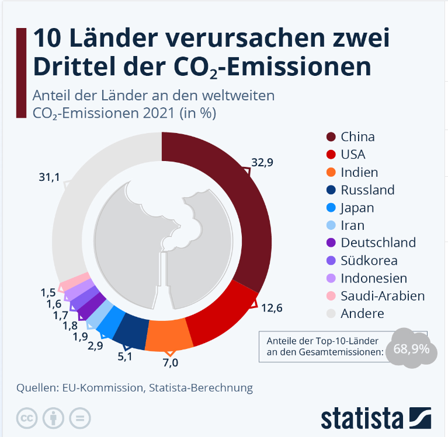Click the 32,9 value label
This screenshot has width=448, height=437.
pos(262,163)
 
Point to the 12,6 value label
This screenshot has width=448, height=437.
pos(272,307)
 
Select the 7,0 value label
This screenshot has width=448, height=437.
pos(171,362)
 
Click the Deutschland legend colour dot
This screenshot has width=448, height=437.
pos(331,243)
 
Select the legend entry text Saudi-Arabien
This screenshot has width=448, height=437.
pos(383,296)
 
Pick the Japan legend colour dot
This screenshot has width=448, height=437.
pos(331,208)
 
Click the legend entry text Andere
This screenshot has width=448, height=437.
pos(362,313)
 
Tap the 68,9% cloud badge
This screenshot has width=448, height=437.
pos(411,349)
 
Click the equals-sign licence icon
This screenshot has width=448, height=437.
pos(79,418)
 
